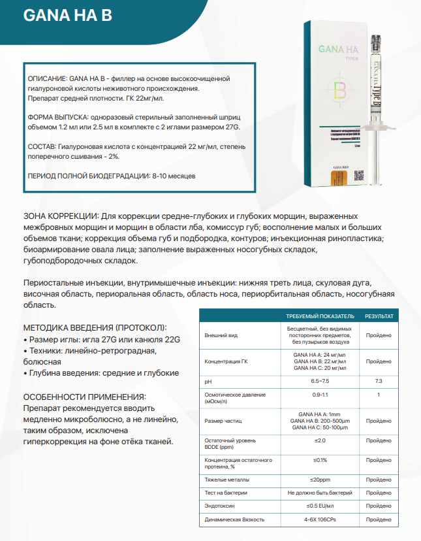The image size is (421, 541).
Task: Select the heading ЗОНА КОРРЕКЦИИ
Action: pos(61,216)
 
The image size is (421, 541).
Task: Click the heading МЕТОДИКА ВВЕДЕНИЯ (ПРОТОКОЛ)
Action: pos(95,327)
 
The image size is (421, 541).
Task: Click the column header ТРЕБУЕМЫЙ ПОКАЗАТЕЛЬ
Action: pos(320,316)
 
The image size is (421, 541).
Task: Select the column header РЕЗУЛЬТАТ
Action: pos(379,316)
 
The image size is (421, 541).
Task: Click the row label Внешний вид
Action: pos(221,335)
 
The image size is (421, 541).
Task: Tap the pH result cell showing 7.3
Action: pos(379,380)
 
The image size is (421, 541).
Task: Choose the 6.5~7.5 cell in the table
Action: pos(320,380)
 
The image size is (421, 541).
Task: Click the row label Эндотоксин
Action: pos(219,505)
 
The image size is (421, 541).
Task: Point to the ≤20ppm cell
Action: pos(320,480)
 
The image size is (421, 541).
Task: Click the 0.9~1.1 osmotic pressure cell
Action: pos(320,395)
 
